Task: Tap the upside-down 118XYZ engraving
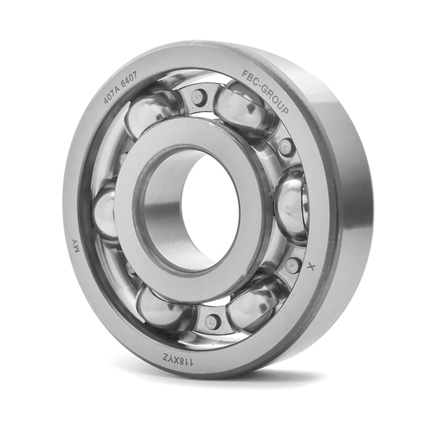[179, 359]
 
